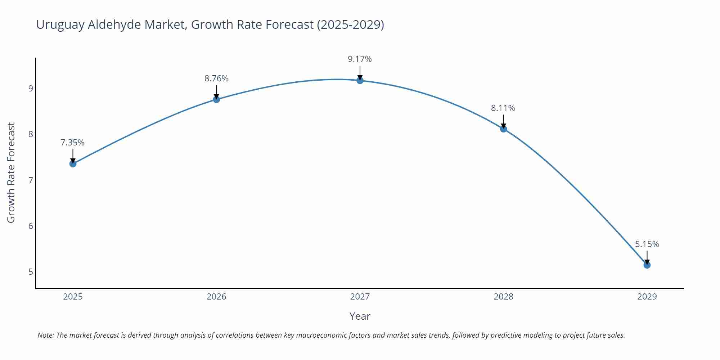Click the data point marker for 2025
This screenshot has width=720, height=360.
pos(73,164)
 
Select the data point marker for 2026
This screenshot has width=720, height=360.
pos(216,99)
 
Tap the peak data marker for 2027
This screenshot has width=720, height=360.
pos(360,80)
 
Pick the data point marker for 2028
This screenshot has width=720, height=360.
pos(504,129)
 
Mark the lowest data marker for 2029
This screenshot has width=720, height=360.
pos(647,265)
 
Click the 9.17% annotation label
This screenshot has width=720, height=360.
pos(360,59)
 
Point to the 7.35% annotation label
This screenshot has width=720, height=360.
pos(72,143)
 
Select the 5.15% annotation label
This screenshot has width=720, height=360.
pos(647,244)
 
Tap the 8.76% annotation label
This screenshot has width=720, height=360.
pos(216,78)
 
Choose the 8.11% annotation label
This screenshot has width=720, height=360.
pos(503,108)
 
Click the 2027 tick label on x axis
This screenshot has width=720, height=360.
pos(360,297)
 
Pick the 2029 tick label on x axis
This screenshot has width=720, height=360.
pos(647,297)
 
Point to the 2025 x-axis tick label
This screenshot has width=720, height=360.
pos(73,297)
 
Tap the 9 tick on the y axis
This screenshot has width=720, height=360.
pos(31,89)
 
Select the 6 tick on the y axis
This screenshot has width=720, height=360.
pos(31,226)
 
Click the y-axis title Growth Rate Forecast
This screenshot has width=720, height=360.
pos(11,173)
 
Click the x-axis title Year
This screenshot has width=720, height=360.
pos(360,316)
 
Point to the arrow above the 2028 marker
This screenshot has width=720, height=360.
pos(504,121)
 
